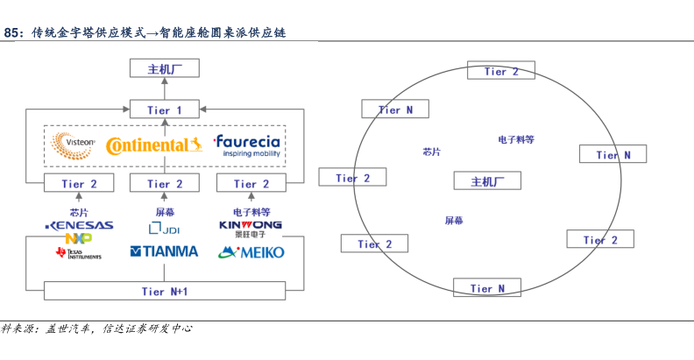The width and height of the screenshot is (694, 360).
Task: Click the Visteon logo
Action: click(74, 145)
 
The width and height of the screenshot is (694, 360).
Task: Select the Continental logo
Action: click(153, 145)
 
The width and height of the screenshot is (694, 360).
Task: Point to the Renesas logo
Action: click(79, 225)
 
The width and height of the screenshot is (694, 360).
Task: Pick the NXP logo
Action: click(79, 237)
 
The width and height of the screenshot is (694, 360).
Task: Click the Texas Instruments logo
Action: click(78, 253)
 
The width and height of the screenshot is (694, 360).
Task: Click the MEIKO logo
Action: click(251, 252)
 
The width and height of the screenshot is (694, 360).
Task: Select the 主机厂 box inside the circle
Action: click(487, 181)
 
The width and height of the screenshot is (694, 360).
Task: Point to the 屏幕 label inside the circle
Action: click(454, 222)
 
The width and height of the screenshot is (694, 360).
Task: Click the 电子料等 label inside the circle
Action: click(516, 140)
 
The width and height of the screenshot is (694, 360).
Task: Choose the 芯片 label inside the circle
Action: click(431, 152)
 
